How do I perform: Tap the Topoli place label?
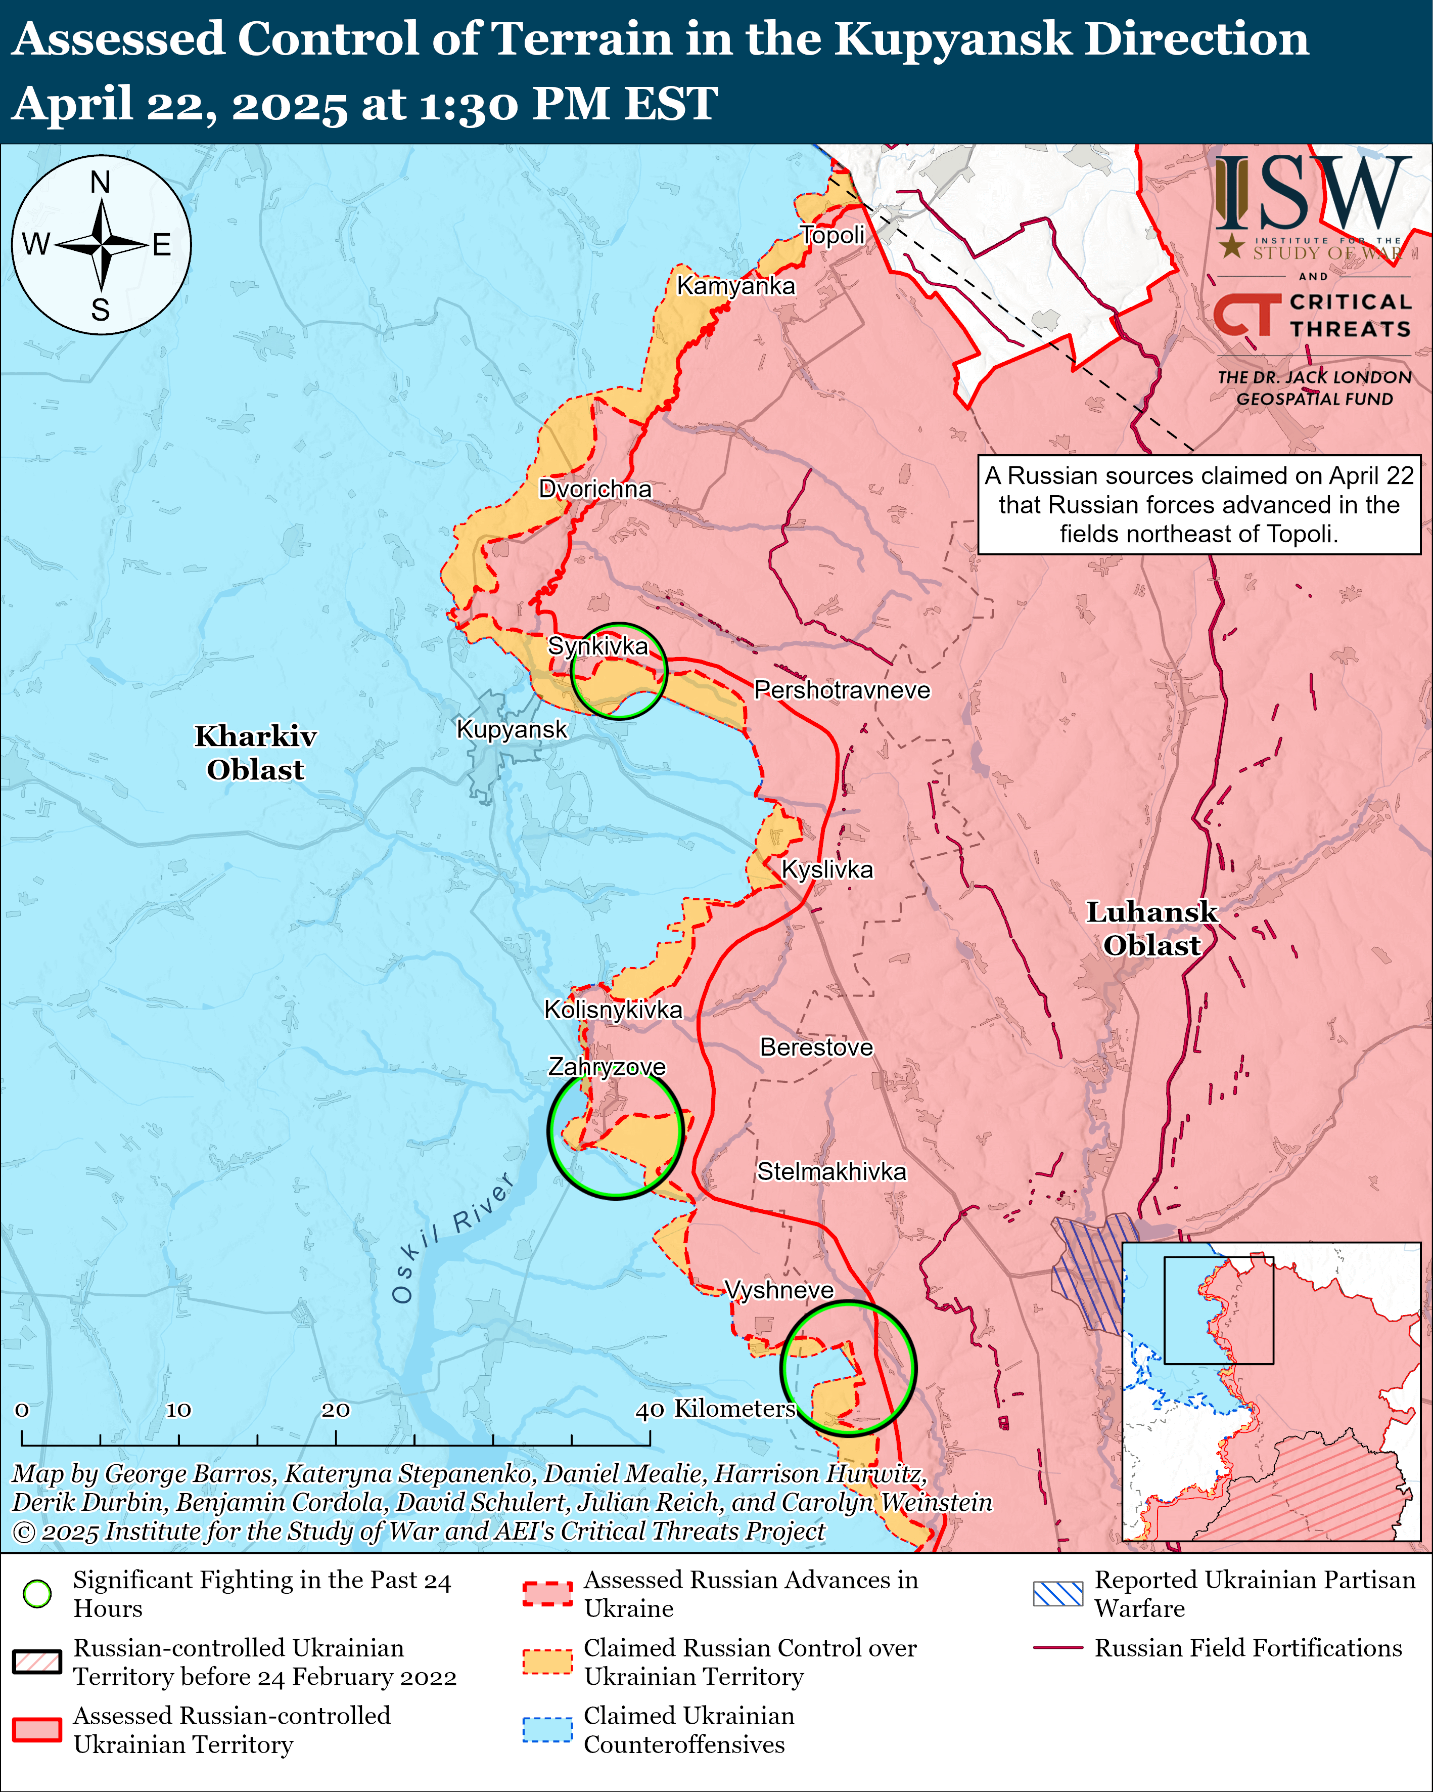pyautogui.click(x=833, y=235)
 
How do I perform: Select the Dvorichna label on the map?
pyautogui.click(x=595, y=489)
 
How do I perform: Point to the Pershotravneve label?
pyautogui.click(x=842, y=690)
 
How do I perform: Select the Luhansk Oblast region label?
pyautogui.click(x=1151, y=929)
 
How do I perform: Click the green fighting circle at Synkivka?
pyautogui.click(x=619, y=671)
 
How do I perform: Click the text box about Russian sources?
pyautogui.click(x=1199, y=504)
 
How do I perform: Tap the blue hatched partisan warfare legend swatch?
pyautogui.click(x=1057, y=1593)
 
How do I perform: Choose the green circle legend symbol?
pyautogui.click(x=37, y=1593)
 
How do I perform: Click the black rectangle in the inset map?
pyautogui.click(x=1218, y=1310)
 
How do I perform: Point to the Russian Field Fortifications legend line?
pyautogui.click(x=1057, y=1647)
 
